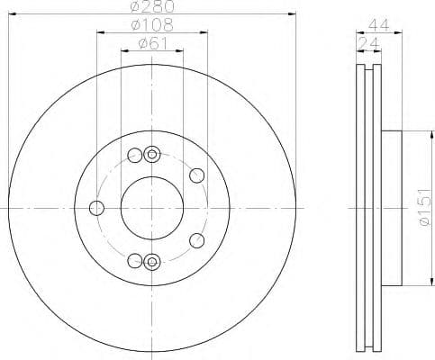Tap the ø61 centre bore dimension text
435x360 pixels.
151,41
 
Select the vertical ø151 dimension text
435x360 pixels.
419,208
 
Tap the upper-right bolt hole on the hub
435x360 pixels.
197,175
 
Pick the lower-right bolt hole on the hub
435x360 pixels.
197,240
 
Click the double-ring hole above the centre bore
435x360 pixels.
151,154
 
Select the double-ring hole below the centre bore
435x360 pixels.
151,262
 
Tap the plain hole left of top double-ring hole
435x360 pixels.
135,154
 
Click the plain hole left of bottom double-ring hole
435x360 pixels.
135,261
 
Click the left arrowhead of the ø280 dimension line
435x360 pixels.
12,15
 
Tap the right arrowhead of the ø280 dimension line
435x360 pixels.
291,15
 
